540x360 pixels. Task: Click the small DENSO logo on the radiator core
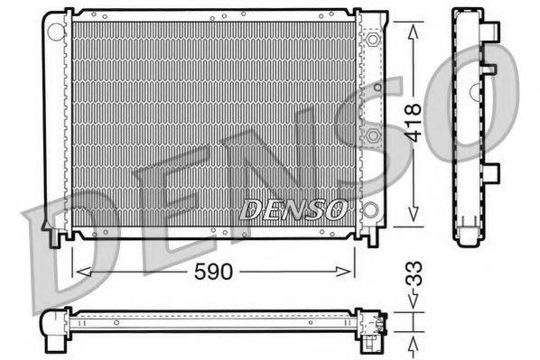(x=293, y=210)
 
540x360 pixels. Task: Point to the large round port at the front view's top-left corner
(x=56, y=31)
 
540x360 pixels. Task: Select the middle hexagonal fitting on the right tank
(x=373, y=135)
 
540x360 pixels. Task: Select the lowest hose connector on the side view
(x=492, y=172)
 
